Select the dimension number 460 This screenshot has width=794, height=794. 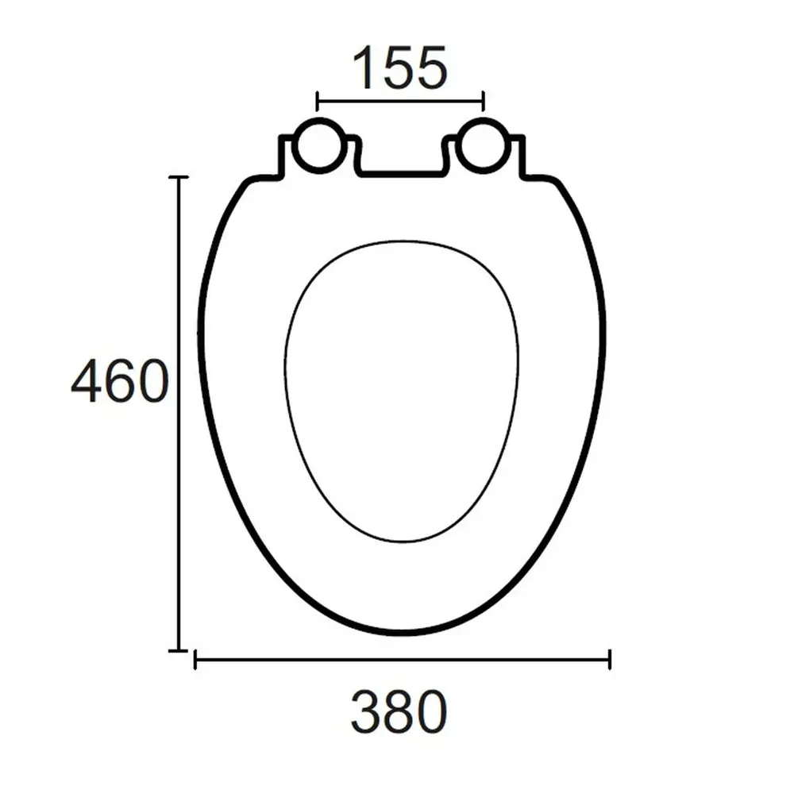120,381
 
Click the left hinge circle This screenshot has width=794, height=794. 319,145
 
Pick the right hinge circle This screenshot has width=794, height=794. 483,145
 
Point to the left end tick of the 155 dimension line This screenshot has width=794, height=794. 317,101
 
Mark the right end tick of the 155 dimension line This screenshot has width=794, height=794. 484,101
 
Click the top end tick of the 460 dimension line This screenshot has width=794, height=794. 179,177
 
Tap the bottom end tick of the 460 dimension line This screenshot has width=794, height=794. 179,649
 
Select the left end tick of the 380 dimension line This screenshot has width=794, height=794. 195,659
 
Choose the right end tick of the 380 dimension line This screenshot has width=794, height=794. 609,659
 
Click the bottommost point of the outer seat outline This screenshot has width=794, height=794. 402,633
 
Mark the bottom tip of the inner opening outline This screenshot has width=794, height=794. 402,542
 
